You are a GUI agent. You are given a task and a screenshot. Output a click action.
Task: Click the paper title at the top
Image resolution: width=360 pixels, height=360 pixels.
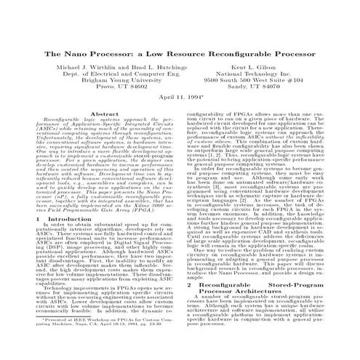click(180, 54)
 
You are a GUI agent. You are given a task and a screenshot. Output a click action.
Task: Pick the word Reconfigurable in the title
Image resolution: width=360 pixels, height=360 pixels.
click(225, 54)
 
